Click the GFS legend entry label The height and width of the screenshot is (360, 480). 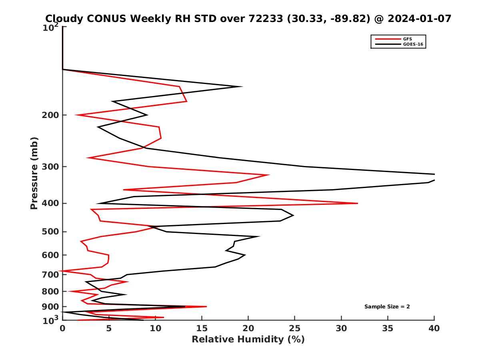click(x=407, y=39)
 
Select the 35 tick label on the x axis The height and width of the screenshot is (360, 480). click(x=388, y=328)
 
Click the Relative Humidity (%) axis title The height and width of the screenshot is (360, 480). click(x=248, y=340)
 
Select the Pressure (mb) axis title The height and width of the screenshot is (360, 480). click(x=34, y=173)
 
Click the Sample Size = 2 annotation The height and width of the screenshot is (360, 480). click(x=387, y=307)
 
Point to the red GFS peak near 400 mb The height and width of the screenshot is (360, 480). click(x=357, y=204)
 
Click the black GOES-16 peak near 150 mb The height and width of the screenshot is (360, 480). click(x=242, y=86)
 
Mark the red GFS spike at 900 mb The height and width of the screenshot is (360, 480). click(x=206, y=307)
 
